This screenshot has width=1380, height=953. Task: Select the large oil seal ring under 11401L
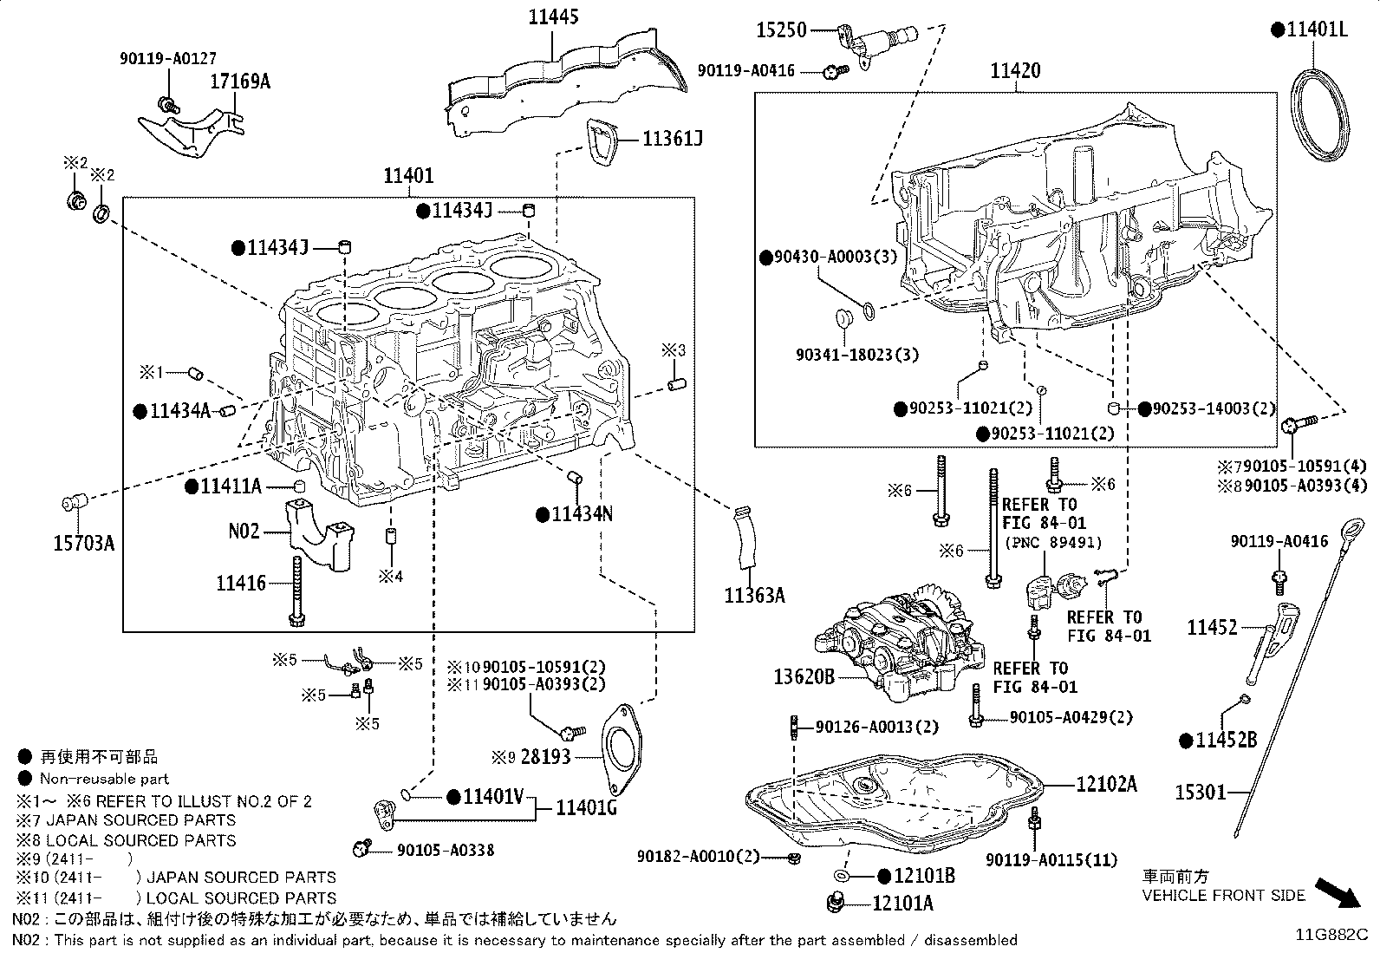click(1321, 114)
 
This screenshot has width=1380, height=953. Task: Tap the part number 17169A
click(241, 82)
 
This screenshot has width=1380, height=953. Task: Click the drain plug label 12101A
click(902, 904)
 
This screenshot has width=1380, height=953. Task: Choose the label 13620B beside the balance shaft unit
click(804, 676)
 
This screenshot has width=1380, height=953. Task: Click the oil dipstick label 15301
click(1201, 792)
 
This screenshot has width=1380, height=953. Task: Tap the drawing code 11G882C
click(1331, 935)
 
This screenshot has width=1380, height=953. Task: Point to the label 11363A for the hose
click(754, 595)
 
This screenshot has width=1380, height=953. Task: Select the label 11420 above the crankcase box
click(1016, 70)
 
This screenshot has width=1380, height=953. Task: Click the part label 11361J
click(672, 139)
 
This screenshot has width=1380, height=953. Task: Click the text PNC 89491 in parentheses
click(1052, 542)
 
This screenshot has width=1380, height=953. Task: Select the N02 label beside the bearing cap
click(244, 530)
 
